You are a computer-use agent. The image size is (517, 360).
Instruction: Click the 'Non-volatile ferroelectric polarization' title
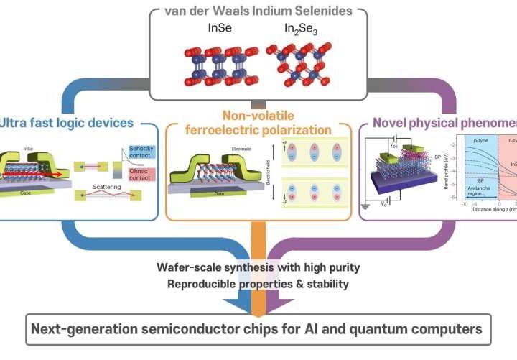pos(259,123)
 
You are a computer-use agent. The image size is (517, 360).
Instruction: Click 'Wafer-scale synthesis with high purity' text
pos(258,268)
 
